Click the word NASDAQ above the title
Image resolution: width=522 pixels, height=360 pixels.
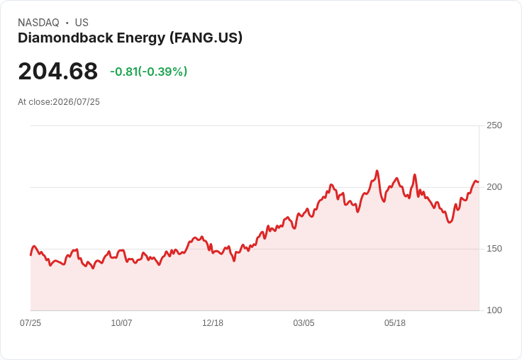coord(38,23)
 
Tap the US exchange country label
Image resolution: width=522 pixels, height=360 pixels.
coord(82,23)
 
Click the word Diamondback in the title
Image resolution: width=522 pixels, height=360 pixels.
coord(65,38)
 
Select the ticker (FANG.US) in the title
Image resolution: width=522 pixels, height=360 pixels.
coord(206,38)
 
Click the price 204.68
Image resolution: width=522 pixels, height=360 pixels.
coord(58,71)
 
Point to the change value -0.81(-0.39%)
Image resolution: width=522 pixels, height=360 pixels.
coord(148,72)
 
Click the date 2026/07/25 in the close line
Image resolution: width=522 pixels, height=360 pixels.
coord(76,102)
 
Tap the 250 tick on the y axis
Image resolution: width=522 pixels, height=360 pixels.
coord(494,125)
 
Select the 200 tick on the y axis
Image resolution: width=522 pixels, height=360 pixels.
coord(494,187)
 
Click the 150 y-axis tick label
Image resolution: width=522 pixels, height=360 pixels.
coord(494,249)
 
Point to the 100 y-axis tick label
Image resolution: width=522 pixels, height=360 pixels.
coord(494,310)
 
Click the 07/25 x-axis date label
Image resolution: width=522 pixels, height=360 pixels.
coord(30,322)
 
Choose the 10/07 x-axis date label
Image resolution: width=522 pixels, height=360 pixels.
coord(121,322)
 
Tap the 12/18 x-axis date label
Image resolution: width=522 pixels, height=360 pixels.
coord(213,322)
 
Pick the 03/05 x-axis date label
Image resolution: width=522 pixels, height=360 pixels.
coord(304,322)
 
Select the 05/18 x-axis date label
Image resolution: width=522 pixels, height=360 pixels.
coord(395,322)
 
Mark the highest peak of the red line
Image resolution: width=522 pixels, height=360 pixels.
coord(377,171)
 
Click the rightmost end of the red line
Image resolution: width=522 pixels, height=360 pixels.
coord(479,181)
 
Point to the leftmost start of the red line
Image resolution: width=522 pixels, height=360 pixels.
coord(30,255)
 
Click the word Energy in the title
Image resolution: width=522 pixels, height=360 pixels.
coord(141,38)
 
